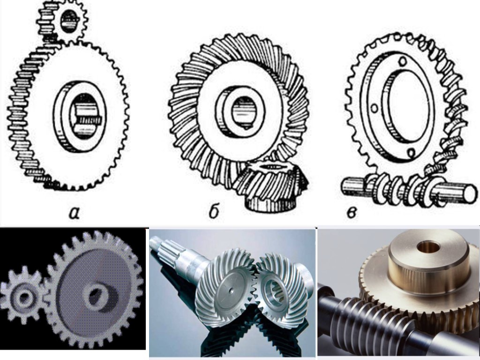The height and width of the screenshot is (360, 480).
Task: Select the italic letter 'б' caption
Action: click(213, 211)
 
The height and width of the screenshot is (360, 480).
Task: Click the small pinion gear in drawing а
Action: click(62, 22)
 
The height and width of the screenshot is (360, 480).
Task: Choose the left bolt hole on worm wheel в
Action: click(374, 108)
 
